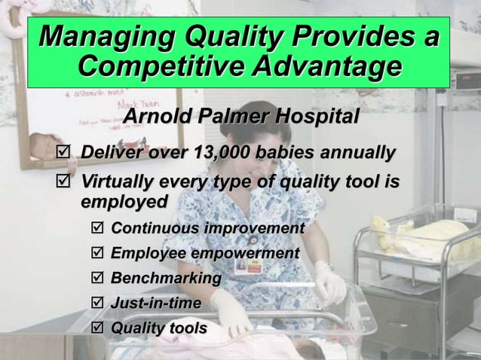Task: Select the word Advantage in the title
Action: tap(327, 68)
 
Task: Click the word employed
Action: tap(123, 202)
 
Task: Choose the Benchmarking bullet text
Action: tap(166, 279)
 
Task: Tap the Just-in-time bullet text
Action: tap(155, 304)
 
